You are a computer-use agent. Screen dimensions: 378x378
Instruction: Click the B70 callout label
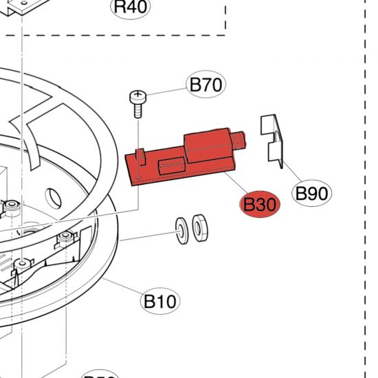click(205, 86)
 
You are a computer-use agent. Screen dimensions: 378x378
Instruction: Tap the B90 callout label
click(311, 193)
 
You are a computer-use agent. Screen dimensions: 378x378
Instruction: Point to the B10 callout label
click(160, 300)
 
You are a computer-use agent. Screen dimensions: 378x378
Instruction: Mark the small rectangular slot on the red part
click(170, 166)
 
